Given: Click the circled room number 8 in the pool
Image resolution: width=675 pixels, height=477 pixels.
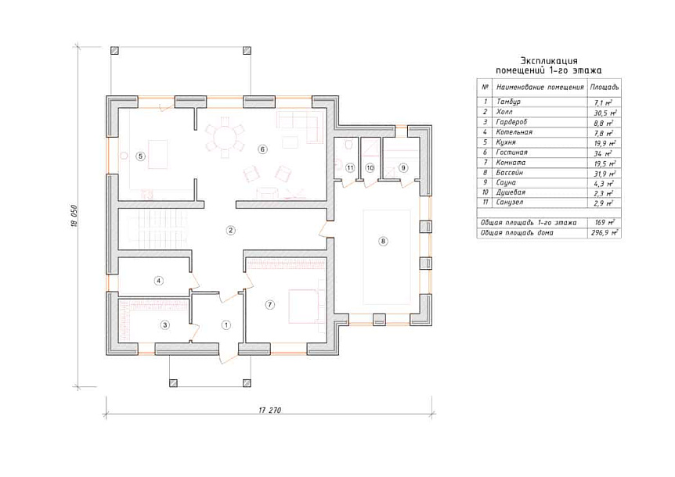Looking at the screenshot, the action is tap(383, 241).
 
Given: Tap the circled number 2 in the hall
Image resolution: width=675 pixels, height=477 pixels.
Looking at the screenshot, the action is tap(231, 231).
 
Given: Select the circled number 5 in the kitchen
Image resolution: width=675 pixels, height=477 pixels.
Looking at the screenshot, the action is tap(140, 156).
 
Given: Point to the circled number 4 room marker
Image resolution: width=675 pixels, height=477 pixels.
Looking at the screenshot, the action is tap(159, 281).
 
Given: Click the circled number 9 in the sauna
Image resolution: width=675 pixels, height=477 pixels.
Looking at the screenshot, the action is tap(403, 167).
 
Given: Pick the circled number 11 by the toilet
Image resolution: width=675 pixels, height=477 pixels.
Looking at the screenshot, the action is tap(350, 167).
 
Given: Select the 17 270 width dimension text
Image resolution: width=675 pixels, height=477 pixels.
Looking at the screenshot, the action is tap(270, 410).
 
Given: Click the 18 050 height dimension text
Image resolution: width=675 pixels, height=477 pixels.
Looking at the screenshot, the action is tap(74, 216).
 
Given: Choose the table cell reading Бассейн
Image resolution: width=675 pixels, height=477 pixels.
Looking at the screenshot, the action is tap(510, 173).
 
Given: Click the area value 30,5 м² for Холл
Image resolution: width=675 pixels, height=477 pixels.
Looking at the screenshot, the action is tap(605, 113).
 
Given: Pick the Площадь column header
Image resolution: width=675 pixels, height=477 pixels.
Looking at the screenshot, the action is tap(605, 87).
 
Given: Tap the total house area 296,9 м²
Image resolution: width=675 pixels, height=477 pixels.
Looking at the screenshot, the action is tap(605, 233).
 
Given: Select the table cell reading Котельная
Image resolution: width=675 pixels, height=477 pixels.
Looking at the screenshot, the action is tap(514, 132).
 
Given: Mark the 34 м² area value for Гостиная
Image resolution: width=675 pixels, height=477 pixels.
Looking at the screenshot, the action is tap(605, 153).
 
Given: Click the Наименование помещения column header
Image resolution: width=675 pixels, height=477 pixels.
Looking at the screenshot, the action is tap(540, 87).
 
